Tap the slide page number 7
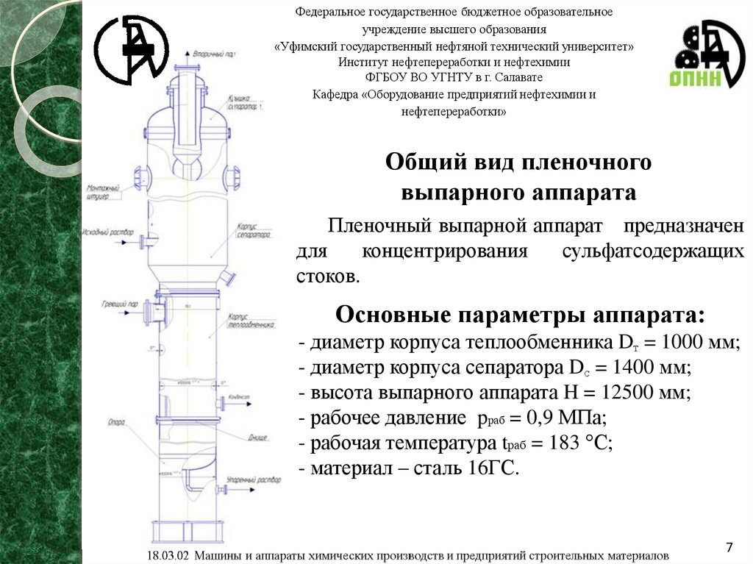(x=729, y=547)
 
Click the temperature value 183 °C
(x=575, y=443)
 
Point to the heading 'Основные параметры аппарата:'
(x=520, y=315)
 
